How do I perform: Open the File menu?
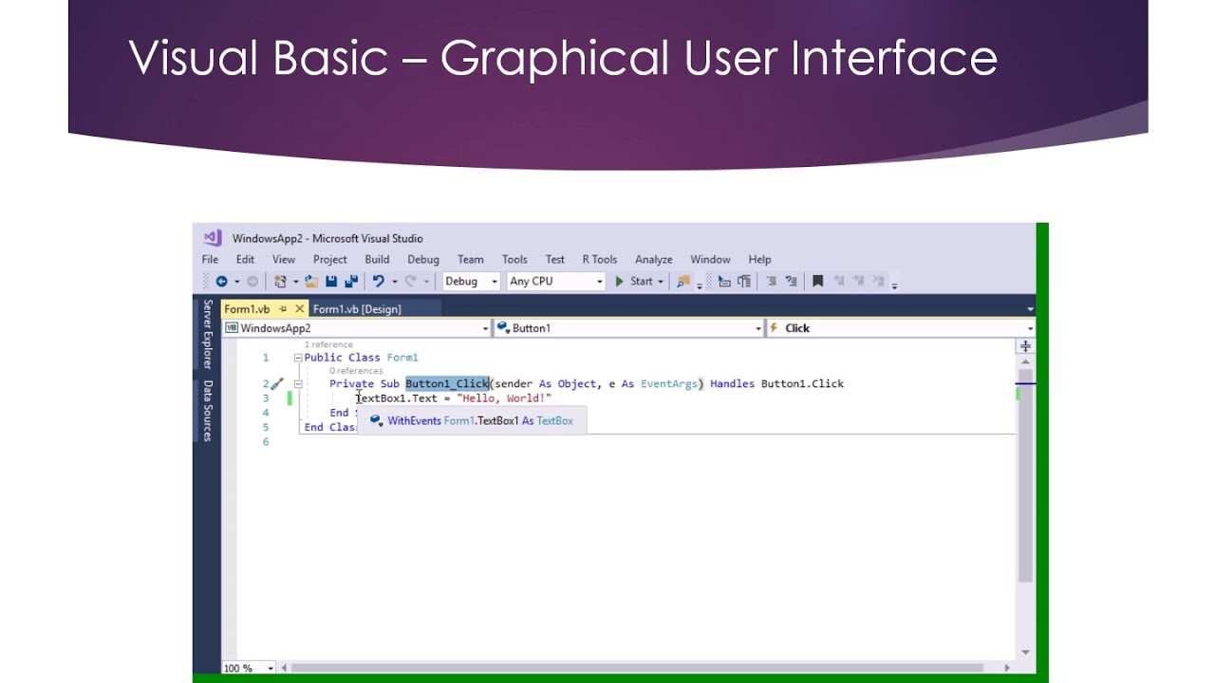(x=210, y=259)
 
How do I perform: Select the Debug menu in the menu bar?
(x=423, y=259)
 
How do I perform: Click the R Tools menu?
(x=599, y=259)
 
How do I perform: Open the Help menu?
(x=759, y=259)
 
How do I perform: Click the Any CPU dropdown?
(x=556, y=281)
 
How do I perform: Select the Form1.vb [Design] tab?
(x=357, y=309)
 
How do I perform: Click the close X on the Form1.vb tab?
(x=300, y=309)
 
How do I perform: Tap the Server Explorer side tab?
(x=208, y=334)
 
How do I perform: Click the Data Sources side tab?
(x=208, y=411)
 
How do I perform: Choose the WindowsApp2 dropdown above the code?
(x=357, y=328)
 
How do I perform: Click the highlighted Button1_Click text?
(x=447, y=384)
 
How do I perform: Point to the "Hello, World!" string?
(x=504, y=398)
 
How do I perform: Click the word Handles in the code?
(x=732, y=384)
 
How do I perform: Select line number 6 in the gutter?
(x=266, y=442)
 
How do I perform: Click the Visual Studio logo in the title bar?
(x=213, y=238)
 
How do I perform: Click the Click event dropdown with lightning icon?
(x=899, y=328)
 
